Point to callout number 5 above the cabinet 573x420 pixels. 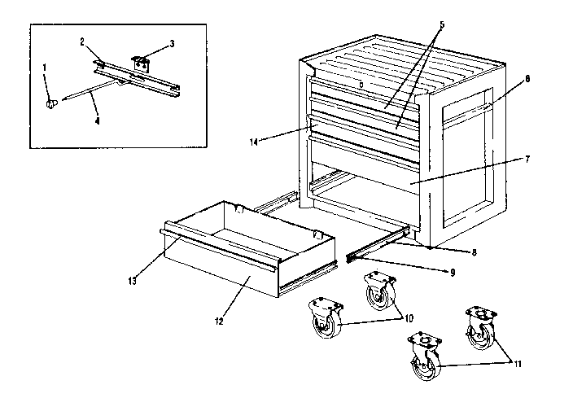[440, 25]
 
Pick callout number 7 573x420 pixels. [528, 159]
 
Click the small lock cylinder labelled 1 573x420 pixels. [52, 103]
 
